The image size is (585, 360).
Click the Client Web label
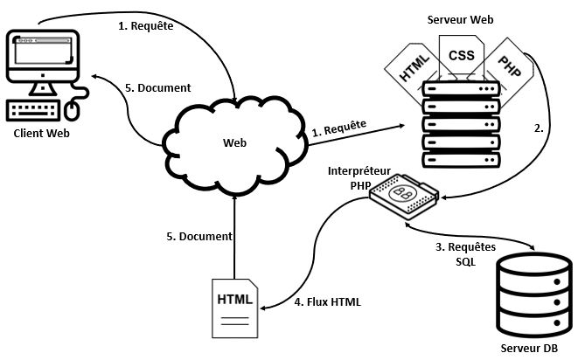point(40,133)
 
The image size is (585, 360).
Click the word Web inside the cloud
point(234,142)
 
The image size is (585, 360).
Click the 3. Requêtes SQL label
point(465,254)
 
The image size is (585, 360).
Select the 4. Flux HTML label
point(326,301)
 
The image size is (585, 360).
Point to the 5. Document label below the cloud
point(199,236)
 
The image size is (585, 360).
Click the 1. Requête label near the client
point(145,25)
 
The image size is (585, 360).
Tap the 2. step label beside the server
point(539,128)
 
